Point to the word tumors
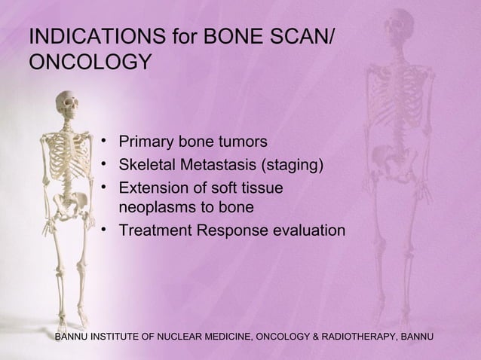240,142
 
